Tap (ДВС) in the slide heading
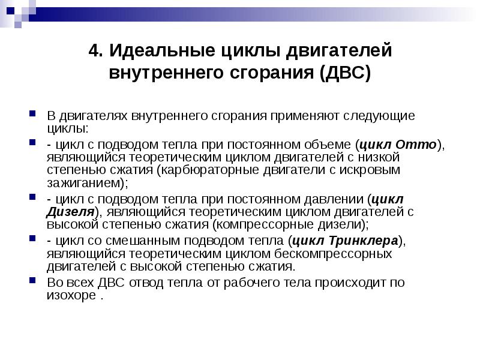click(x=346, y=74)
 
